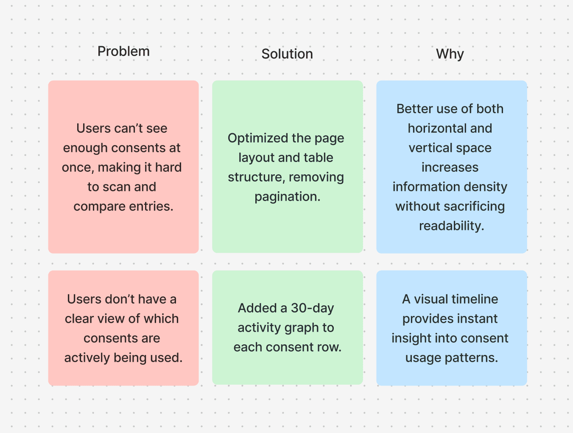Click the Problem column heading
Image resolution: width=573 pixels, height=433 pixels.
click(123, 51)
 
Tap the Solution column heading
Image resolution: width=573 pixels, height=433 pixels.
click(287, 54)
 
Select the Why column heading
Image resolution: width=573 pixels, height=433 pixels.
click(450, 54)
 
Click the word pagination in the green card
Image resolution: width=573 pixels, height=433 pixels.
click(287, 197)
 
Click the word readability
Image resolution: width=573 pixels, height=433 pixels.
click(451, 226)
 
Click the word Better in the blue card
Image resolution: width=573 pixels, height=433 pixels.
click(414, 109)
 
